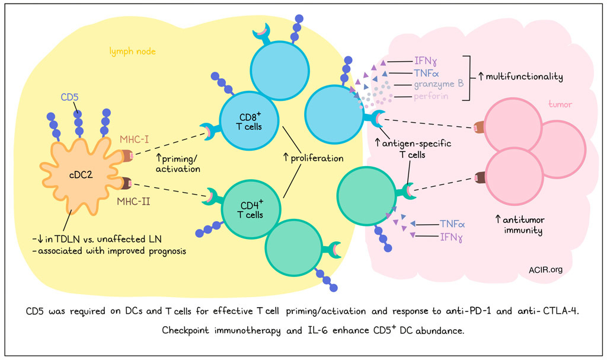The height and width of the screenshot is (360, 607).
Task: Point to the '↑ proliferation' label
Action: coord(313,158)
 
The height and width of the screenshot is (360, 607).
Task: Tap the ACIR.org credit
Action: coord(545,270)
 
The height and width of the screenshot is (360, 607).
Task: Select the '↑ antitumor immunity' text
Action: coord(519,225)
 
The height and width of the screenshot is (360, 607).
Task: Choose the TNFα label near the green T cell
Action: coord(452,224)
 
